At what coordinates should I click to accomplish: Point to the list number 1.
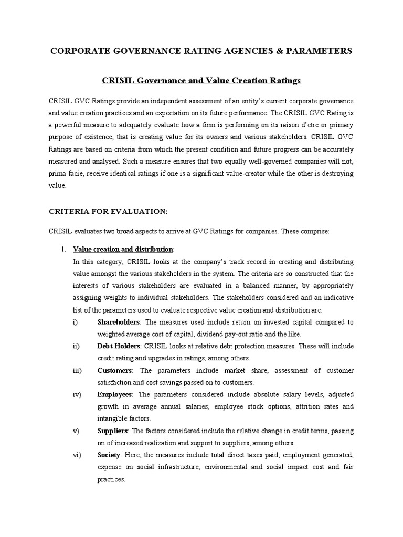[63, 249]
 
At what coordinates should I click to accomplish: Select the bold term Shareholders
[119, 322]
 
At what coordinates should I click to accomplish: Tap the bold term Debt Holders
[119, 346]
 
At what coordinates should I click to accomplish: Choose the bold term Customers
[114, 370]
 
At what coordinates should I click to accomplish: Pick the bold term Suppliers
[113, 431]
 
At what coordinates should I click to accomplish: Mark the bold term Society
[109, 455]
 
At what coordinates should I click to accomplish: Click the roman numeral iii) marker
[78, 370]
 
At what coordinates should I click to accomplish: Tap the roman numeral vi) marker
[77, 455]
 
